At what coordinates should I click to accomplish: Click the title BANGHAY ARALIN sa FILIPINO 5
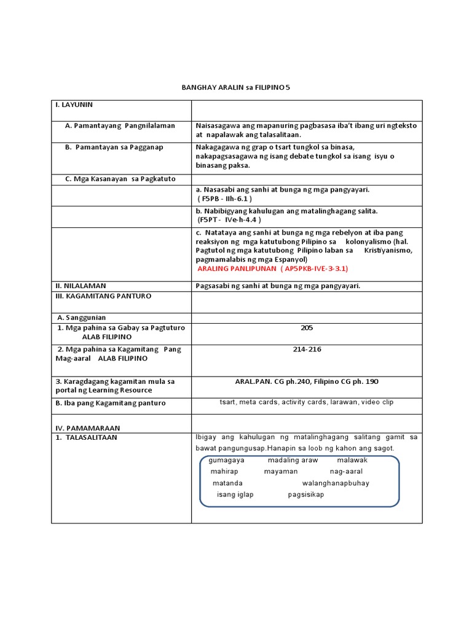pos(235,88)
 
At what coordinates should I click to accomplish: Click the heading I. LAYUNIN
pos(74,105)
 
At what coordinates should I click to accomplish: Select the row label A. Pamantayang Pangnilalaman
pos(120,125)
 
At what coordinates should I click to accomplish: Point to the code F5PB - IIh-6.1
pos(225,199)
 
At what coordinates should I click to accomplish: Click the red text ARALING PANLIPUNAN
pos(237,268)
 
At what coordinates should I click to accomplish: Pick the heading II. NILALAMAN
pos(81,286)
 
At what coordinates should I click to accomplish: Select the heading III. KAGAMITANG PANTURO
pos(103,296)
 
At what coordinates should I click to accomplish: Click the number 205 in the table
pos(307,328)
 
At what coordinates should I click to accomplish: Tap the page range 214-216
pos(307,350)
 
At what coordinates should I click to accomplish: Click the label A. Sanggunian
pos(82,318)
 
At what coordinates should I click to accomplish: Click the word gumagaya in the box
pos(226,460)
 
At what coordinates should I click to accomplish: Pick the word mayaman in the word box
pos(280,471)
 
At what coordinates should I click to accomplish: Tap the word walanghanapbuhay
pos(336,483)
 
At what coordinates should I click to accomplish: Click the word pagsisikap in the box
pos(305,494)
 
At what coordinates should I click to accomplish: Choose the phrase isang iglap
pos(235,494)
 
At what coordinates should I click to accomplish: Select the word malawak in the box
pos(352,460)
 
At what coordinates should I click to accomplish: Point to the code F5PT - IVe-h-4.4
pos(229,219)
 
